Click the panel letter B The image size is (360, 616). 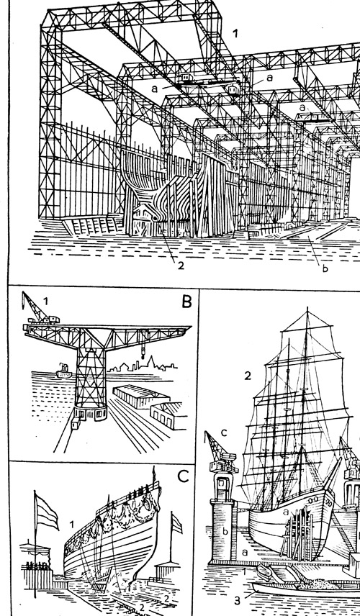[186, 302]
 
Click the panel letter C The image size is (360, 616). [183, 476]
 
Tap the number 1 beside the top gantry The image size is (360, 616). [235, 34]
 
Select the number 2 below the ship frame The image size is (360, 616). [181, 266]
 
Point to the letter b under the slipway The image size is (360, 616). [325, 268]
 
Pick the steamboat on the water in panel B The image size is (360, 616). [64, 371]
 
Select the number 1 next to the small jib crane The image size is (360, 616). [46, 302]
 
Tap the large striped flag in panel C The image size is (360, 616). [46, 511]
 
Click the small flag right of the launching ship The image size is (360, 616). [177, 524]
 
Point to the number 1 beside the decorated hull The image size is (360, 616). [72, 525]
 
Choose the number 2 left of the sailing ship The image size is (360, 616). [247, 376]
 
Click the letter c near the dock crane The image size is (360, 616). [224, 433]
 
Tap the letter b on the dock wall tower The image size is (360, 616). [225, 531]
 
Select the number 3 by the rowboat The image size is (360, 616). [238, 600]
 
